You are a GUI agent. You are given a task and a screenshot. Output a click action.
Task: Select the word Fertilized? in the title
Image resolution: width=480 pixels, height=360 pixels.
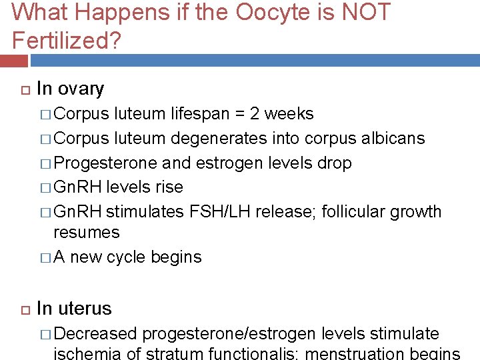[x=67, y=41]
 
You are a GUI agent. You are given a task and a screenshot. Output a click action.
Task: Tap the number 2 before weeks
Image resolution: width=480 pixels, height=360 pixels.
[x=255, y=114]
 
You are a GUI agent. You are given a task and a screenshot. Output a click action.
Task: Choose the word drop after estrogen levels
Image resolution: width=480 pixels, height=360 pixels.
[x=337, y=163]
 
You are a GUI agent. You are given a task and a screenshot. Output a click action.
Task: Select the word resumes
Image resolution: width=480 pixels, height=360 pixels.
[x=87, y=233]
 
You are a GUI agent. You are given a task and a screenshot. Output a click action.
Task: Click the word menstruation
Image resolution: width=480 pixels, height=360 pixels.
[x=331, y=353]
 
